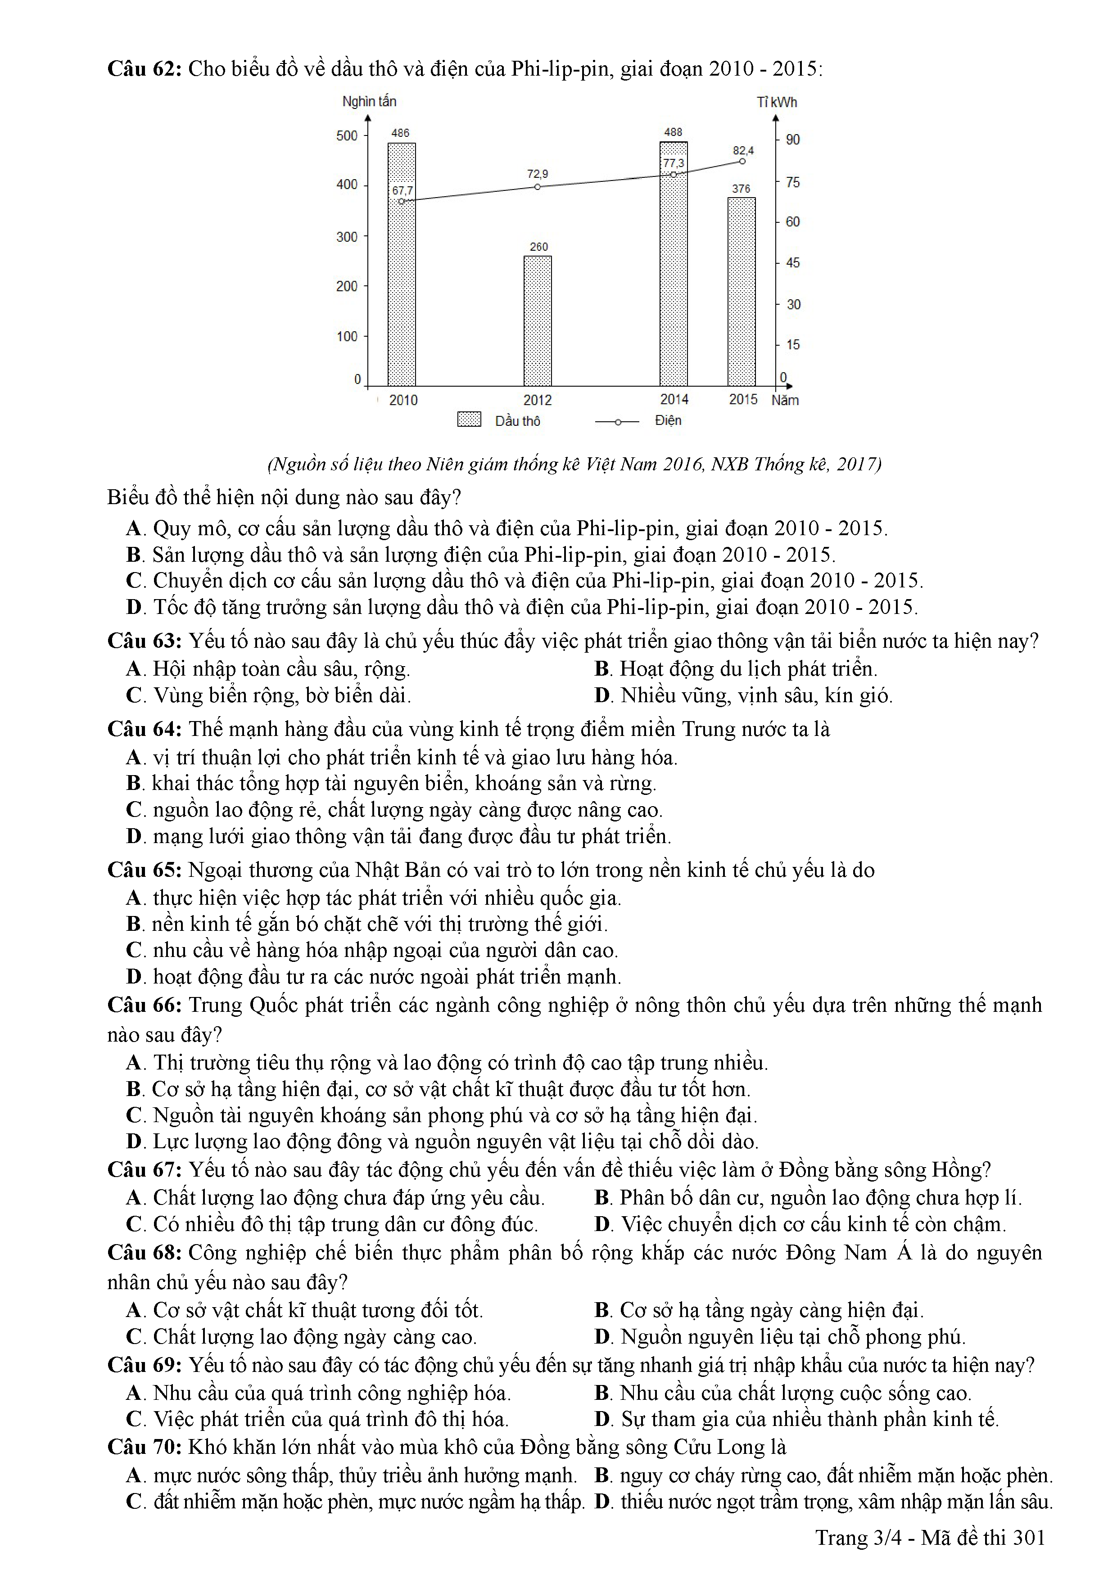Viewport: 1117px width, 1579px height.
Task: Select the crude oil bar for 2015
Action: click(742, 292)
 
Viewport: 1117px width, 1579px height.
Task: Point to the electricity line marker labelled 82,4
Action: click(742, 162)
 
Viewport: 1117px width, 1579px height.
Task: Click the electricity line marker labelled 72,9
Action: click(537, 186)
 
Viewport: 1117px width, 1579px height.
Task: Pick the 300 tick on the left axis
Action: click(347, 237)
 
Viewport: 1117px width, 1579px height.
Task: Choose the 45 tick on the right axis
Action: click(792, 263)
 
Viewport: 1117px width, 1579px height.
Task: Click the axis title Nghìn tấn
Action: click(369, 102)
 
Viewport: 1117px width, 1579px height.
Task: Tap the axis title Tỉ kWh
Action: click(777, 103)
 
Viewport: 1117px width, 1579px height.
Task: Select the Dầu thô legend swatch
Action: click(469, 420)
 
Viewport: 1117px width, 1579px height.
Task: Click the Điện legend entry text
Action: click(668, 420)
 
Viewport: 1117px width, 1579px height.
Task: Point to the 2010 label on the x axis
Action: click(403, 400)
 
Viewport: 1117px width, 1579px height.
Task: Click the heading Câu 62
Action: click(144, 69)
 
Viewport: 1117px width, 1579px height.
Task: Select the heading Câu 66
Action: click(144, 1006)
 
